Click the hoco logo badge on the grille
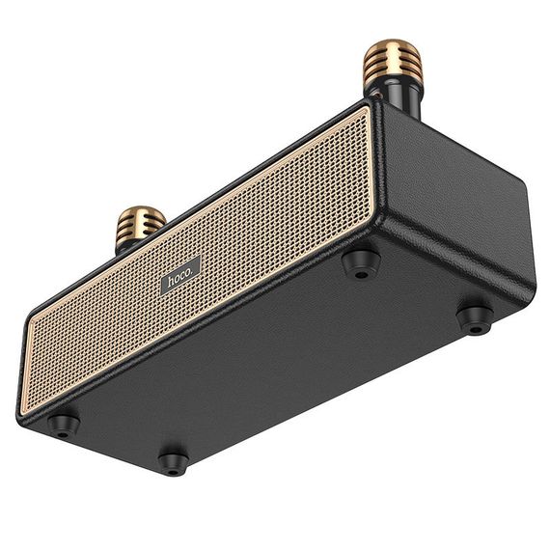point(180,277)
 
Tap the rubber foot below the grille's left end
point(64,424)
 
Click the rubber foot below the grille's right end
point(361,261)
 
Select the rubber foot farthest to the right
point(474,319)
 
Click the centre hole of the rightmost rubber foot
point(475,323)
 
